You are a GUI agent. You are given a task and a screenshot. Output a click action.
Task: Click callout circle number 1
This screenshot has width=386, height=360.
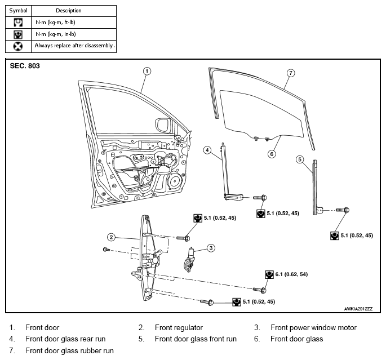click(x=147, y=72)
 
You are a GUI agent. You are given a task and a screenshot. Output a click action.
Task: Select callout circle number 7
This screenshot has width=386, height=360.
click(x=291, y=73)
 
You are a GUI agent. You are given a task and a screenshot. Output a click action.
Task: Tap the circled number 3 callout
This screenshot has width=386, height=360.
click(x=211, y=248)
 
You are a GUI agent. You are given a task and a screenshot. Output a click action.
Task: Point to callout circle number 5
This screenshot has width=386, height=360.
click(x=300, y=159)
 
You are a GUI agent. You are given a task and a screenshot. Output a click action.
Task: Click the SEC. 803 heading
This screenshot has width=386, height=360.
click(x=25, y=66)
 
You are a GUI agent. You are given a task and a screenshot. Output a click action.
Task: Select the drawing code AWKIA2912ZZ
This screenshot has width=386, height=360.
click(x=358, y=309)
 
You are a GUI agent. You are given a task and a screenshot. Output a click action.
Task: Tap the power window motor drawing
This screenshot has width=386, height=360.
click(x=189, y=260)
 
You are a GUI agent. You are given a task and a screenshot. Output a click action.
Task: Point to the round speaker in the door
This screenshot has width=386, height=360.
click(x=175, y=181)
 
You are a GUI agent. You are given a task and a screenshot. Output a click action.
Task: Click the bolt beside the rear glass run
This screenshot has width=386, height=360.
click(x=260, y=198)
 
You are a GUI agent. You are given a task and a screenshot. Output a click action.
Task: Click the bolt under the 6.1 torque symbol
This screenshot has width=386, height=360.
click(x=260, y=290)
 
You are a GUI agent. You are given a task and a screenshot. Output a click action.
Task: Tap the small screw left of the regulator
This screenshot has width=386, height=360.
click(x=107, y=250)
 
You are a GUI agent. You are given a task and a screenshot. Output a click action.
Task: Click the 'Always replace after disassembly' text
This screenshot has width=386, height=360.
click(x=74, y=46)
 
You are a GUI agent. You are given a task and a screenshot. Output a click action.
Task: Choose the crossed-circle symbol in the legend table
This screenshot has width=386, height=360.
click(x=17, y=46)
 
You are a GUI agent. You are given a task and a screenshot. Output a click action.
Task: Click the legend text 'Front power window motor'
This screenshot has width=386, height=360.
click(x=313, y=327)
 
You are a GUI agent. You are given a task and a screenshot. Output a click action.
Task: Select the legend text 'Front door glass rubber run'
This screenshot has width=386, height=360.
click(x=70, y=350)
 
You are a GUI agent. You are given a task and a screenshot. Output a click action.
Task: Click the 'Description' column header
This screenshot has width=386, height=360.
click(x=69, y=11)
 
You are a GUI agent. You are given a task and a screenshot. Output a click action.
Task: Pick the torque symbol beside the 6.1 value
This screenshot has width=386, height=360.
click(x=269, y=274)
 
